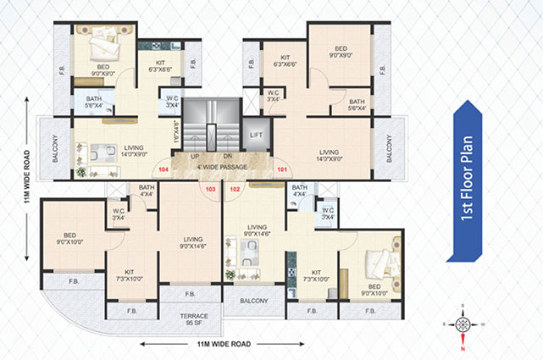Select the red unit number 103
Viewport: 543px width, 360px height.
point(209,189)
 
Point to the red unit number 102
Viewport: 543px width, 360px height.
point(235,189)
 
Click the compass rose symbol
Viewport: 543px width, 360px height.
point(462,324)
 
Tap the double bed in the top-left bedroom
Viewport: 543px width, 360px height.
point(103,42)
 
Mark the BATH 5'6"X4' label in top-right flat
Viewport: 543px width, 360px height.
point(357,104)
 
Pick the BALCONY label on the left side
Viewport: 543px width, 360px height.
point(53,145)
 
